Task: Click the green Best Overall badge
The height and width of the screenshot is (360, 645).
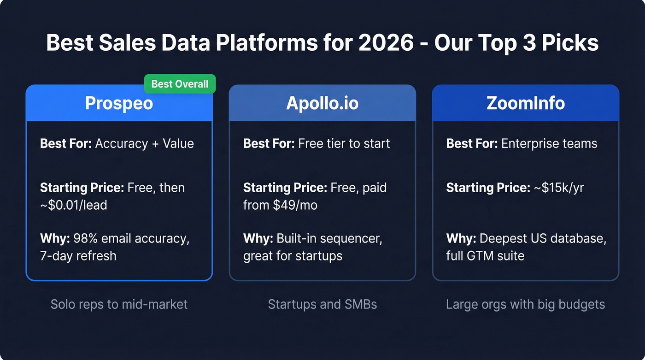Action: pos(180,84)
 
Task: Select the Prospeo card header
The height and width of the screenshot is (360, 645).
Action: pos(119,103)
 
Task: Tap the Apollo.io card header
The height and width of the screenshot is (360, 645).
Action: pos(322,103)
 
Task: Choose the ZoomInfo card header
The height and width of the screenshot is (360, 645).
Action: pos(525,103)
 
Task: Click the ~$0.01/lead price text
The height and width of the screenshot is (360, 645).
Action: pos(74,205)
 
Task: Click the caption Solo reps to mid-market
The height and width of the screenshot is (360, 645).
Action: pos(119,304)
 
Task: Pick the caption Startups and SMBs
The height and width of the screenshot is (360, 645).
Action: pos(322,304)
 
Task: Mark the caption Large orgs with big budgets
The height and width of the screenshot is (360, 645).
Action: pos(525,304)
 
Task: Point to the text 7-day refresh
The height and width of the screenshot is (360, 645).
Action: pos(78,255)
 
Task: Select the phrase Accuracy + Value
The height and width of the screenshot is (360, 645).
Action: pos(144,143)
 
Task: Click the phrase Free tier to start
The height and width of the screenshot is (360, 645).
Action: pos(344,143)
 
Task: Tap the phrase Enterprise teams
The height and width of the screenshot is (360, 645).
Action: pos(549,143)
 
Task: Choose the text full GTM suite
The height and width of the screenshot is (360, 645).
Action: pos(485,255)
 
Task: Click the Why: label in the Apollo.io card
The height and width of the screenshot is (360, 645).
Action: pos(258,239)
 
